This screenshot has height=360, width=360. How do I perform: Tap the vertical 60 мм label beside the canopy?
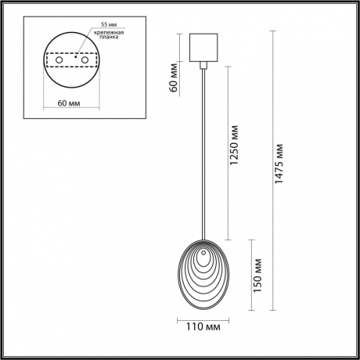pyautogui.click(x=175, y=78)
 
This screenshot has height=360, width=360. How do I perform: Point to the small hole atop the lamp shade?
pyautogui.click(x=203, y=252)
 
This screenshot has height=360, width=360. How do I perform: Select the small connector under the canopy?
pyautogui.click(x=203, y=69)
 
